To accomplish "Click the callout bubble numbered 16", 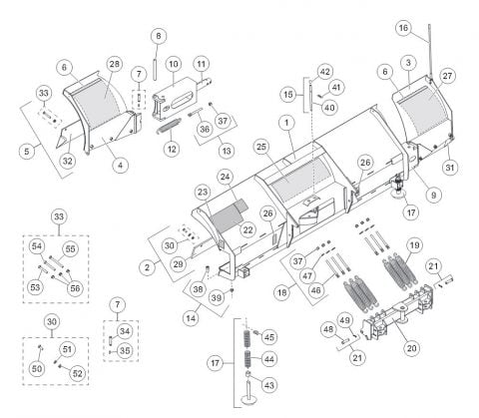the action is tap(403, 28).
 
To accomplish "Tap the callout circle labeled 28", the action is tap(114, 64).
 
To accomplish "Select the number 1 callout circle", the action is tap(286, 123).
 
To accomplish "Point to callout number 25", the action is tap(261, 147).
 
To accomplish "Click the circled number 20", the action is tap(411, 348).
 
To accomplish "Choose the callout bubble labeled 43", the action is tap(268, 385).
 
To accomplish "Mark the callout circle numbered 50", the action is tap(37, 368).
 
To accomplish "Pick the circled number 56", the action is tap(75, 288).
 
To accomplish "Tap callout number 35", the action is tap(125, 350).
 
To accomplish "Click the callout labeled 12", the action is tap(172, 149).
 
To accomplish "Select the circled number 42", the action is tap(325, 72).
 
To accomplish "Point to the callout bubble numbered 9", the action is tap(433, 195).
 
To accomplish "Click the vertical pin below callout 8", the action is tap(155, 69).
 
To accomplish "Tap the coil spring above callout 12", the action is tap(169, 126).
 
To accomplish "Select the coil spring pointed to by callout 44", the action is tap(247, 359).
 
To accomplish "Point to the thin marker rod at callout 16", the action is tap(430, 52).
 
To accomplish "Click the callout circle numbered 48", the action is tap(328, 329).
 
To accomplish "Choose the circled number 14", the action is tap(191, 318).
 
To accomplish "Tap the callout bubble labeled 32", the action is tap(67, 161).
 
